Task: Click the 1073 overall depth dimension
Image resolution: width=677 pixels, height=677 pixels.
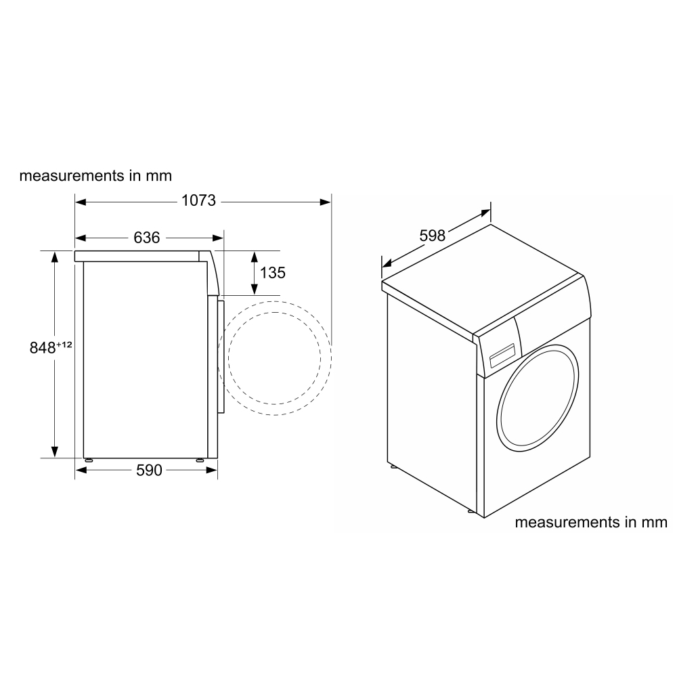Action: point(198,201)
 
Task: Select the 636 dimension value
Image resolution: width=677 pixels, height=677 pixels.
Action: point(146,238)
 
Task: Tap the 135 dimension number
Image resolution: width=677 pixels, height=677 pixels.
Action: point(273,273)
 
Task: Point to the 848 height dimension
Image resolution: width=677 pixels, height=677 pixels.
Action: point(42,348)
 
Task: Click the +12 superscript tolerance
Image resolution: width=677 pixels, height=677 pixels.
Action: point(64,345)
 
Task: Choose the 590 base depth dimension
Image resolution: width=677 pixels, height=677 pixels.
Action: point(149,470)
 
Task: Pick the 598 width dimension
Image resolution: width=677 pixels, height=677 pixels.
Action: point(433,236)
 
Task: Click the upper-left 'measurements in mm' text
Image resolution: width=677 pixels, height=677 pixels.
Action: point(95,176)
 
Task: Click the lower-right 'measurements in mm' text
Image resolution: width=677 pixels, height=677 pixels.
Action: point(591,523)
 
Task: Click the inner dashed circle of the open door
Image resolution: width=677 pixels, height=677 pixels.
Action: point(274,358)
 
